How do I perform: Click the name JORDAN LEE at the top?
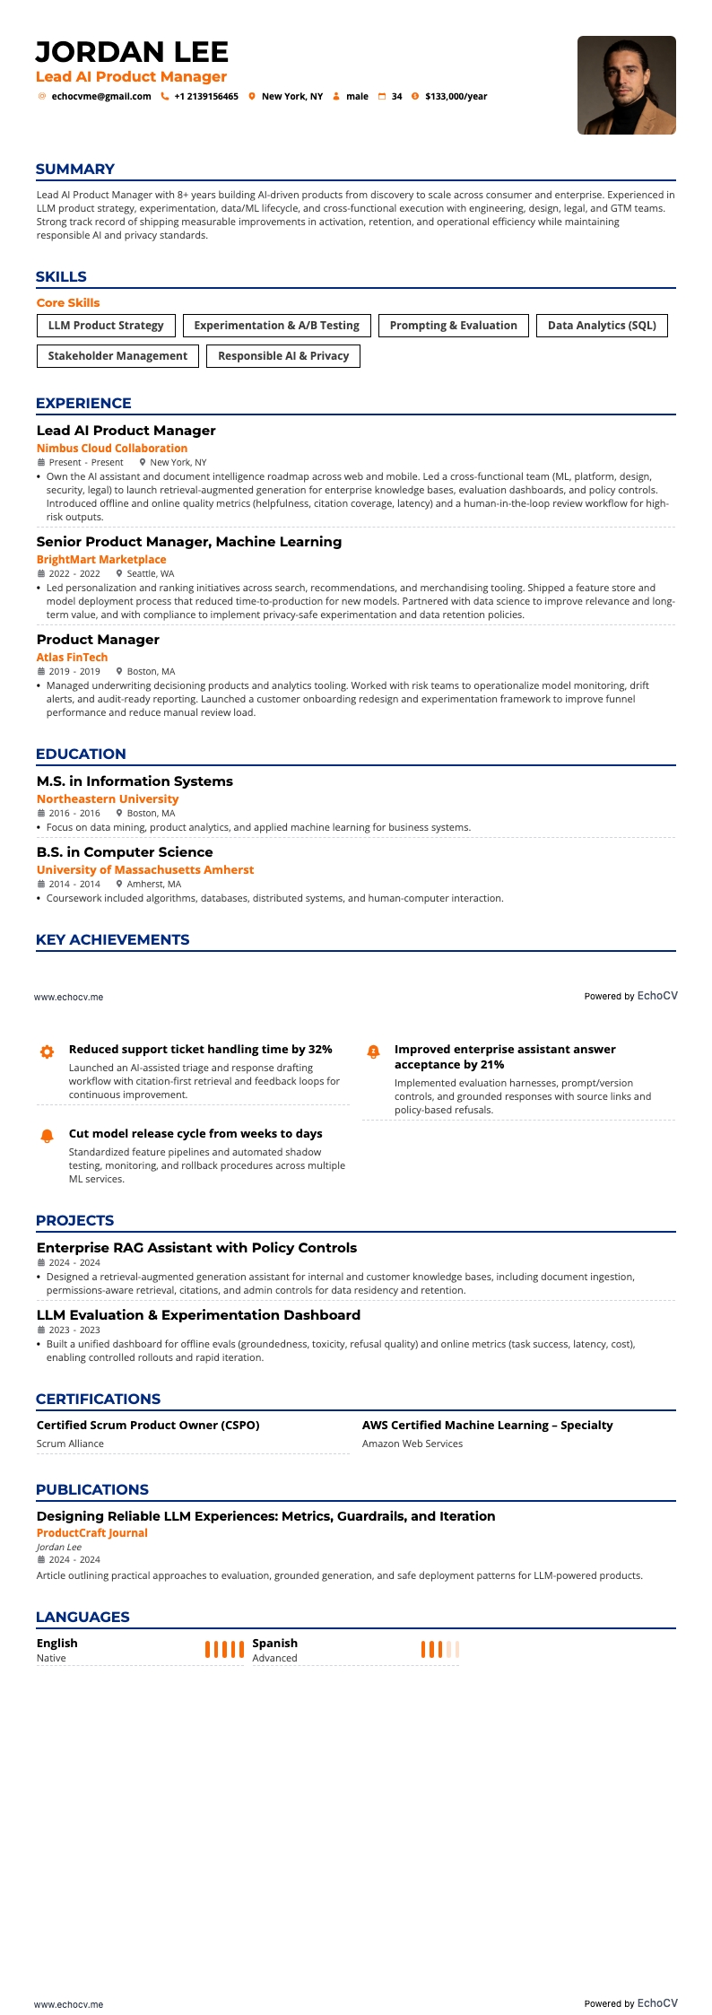pos(132,52)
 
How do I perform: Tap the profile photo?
pos(626,85)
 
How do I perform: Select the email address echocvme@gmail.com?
pos(100,97)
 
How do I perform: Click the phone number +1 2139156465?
pos(205,97)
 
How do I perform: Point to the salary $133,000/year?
pos(456,97)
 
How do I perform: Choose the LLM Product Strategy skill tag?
pos(106,326)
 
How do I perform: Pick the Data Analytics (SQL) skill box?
pos(602,326)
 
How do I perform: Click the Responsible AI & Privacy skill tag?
pos(283,356)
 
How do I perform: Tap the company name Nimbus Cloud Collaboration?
pos(112,449)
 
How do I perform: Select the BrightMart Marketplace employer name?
pos(101,560)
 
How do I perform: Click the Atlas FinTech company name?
pos(72,658)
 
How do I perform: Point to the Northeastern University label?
pos(108,799)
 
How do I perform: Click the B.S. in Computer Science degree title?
pos(125,852)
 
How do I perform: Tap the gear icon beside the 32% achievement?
pos(48,1051)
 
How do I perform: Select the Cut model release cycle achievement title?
pos(195,1134)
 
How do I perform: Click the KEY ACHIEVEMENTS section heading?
pos(112,940)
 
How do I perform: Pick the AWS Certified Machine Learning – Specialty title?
pos(487,1425)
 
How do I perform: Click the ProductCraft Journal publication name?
pos(91,1533)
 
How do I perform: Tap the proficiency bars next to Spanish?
pos(439,1649)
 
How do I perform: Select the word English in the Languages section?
pos(56,1643)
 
